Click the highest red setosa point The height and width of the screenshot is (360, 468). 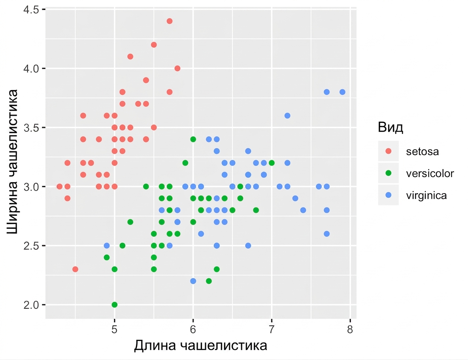point(170,21)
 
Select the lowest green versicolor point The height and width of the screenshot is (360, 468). point(115,305)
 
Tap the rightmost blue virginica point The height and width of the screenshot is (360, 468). point(342,92)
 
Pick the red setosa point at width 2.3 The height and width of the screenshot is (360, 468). point(75,269)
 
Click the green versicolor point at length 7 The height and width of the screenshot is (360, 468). point(272,163)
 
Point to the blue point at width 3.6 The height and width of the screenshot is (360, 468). point(287,115)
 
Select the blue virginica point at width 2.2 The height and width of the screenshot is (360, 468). point(193,281)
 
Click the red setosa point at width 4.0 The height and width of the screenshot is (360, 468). point(177,68)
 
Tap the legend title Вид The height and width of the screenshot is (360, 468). point(391,127)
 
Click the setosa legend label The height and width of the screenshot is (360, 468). point(422,152)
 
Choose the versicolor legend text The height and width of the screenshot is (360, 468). point(430,173)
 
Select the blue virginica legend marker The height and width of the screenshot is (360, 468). point(388,195)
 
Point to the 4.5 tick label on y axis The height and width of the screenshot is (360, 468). point(31,9)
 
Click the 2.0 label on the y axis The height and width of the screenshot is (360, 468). point(31,305)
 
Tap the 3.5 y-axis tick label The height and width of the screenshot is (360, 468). point(31,128)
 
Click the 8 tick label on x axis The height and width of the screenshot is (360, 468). point(350,329)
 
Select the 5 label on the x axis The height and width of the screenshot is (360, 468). point(115,329)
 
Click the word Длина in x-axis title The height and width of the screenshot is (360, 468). point(155,346)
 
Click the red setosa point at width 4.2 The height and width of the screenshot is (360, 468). point(154,45)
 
